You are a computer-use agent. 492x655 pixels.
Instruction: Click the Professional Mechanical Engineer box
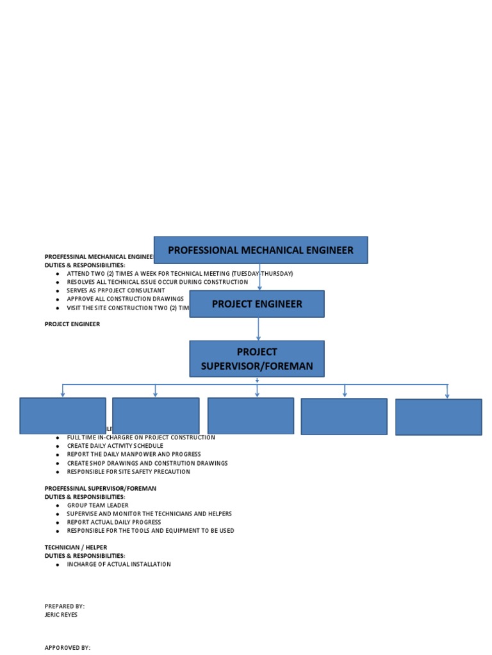coord(261,250)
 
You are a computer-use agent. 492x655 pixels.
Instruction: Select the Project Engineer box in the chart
coord(257,304)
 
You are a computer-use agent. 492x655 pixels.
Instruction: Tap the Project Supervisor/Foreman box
coord(257,359)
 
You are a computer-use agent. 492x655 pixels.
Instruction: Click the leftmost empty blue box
coord(63,416)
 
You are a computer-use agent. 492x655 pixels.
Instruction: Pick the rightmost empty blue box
coord(438,417)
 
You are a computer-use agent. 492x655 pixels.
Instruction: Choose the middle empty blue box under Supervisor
coord(250,416)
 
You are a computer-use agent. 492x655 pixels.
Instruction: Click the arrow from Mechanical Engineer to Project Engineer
coord(259,277)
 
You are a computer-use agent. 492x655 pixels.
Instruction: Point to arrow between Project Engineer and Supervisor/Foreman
coord(258,329)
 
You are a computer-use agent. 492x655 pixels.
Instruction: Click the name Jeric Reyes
coord(61,615)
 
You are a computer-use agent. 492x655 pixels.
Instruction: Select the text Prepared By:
coord(64,606)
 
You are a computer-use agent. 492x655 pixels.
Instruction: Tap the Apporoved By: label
coord(67,647)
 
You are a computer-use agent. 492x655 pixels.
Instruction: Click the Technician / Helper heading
coord(76,548)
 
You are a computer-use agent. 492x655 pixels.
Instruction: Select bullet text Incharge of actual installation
coord(119,564)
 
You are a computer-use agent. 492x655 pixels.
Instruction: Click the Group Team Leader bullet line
coord(97,505)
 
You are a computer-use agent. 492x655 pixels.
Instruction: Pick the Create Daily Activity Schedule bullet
coord(115,446)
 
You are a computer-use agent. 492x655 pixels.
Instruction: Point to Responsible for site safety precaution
coord(128,471)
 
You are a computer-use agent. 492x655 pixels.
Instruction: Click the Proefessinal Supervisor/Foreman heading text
coord(100,488)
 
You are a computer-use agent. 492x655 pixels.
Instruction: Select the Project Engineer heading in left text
coord(72,324)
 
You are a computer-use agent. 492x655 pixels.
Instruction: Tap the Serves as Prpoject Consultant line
coord(115,290)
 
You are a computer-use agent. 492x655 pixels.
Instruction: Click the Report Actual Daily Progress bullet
coord(113,522)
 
